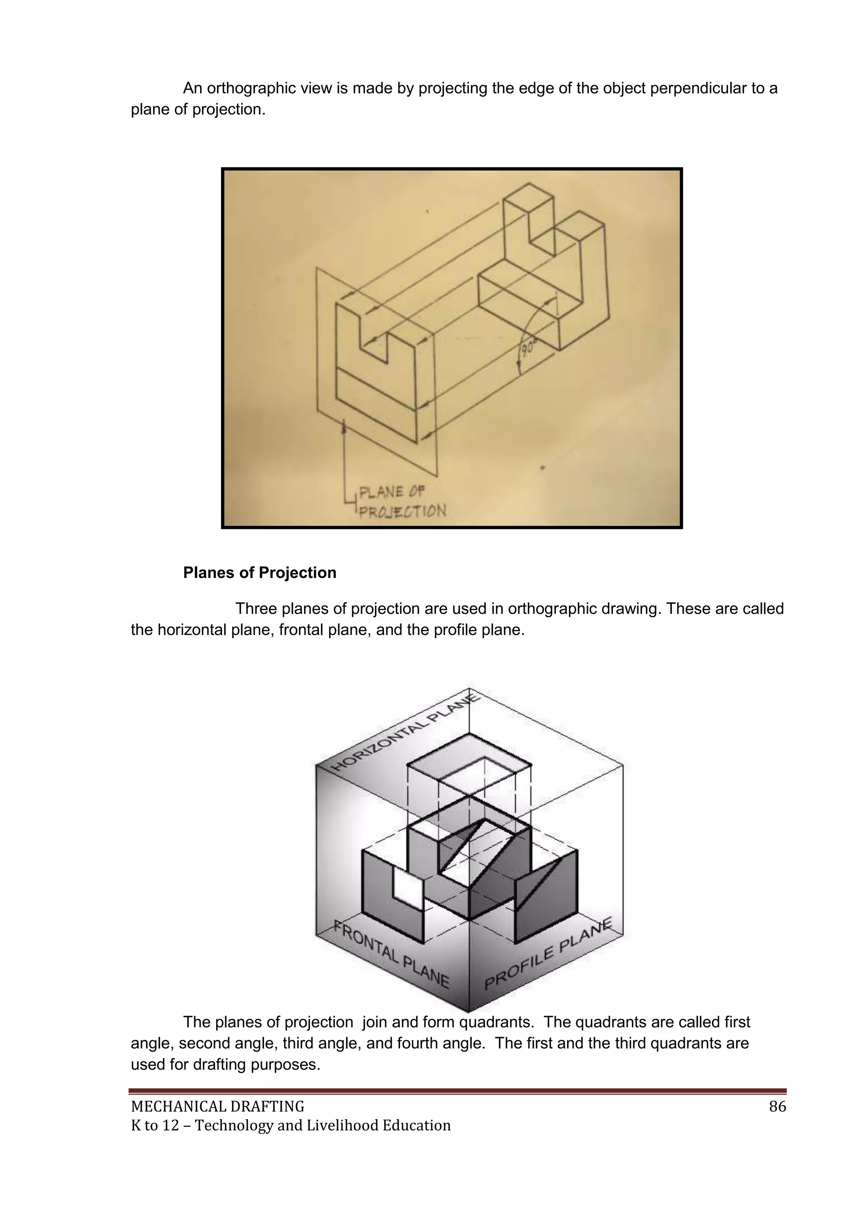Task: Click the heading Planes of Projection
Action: point(259,572)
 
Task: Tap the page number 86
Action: point(777,1107)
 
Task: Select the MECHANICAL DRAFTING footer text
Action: point(218,1107)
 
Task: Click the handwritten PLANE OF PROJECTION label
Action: point(397,501)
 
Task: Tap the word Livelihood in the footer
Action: point(333,1125)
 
